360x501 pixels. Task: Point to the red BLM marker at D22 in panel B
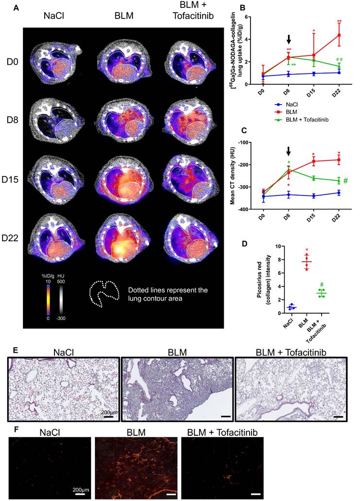[338, 36]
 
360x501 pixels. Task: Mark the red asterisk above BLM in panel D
[306, 250]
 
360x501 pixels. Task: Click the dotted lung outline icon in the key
[103, 293]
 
